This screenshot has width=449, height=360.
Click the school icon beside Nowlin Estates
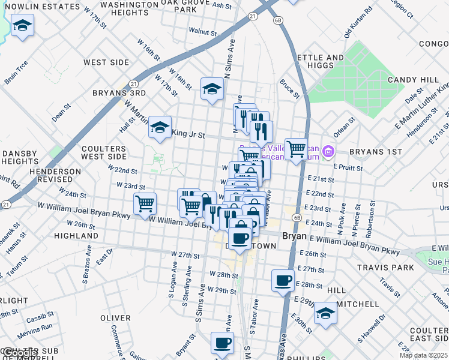pyautogui.click(x=22, y=26)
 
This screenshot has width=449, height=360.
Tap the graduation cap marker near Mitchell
pyautogui.click(x=325, y=313)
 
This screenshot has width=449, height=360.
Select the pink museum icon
pyautogui.click(x=328, y=151)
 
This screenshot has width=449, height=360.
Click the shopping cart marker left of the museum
pyautogui.click(x=296, y=149)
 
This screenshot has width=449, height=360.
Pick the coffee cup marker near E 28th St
pyautogui.click(x=283, y=280)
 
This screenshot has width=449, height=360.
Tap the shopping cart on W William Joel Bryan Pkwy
pyautogui.click(x=145, y=204)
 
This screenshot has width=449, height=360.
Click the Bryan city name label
pyautogui.click(x=294, y=236)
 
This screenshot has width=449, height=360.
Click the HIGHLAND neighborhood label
pyautogui.click(x=76, y=236)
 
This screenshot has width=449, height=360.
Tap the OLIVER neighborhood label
pyautogui.click(x=115, y=318)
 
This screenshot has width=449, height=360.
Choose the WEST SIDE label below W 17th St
pyautogui.click(x=106, y=62)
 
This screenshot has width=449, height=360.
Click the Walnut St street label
pyautogui.click(x=202, y=31)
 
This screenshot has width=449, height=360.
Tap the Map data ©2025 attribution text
pyautogui.click(x=424, y=355)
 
